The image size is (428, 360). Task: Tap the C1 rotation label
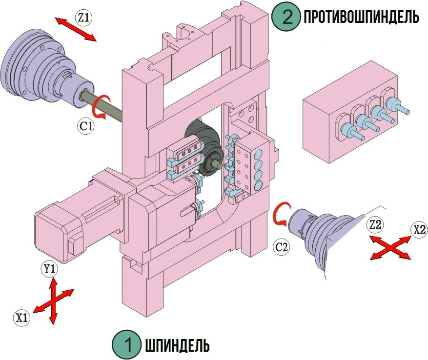tap(86, 126)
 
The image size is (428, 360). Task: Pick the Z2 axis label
tap(375, 225)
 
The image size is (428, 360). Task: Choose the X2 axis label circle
tap(418, 230)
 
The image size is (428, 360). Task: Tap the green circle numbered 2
tap(286, 18)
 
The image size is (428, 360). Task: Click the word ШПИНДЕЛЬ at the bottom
tap(177, 345)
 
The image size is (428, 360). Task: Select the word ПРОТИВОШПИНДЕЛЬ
tap(361, 18)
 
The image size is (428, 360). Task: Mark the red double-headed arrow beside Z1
tap(75, 30)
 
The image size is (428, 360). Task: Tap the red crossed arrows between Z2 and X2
tap(390, 246)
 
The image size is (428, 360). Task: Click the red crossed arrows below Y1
tap(53, 300)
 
